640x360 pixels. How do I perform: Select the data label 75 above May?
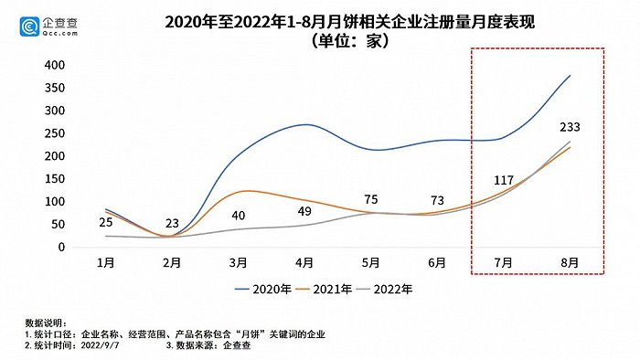tap(370, 199)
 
